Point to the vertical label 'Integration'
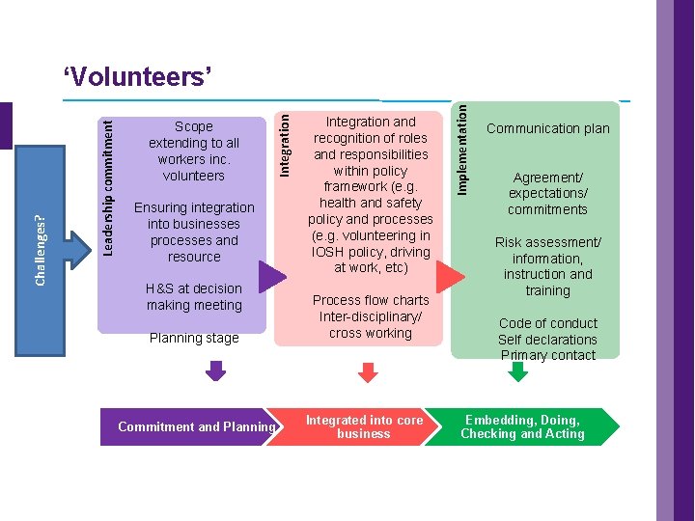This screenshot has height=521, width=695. (284, 142)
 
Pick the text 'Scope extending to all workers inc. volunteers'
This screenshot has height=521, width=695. (194, 151)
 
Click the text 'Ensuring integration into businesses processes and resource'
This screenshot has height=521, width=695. (194, 232)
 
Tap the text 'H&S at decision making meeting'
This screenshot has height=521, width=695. (194, 296)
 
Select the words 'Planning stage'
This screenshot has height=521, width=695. (194, 338)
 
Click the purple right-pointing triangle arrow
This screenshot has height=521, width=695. (271, 276)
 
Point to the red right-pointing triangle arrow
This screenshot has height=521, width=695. (450, 276)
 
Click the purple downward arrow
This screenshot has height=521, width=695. (216, 371)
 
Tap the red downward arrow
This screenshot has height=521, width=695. (368, 371)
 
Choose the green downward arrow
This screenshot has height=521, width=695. (518, 371)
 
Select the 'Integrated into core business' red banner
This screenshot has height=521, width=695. (357, 426)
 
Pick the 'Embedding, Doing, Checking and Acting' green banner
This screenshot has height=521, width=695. (522, 426)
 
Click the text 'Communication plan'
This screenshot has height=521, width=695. (547, 128)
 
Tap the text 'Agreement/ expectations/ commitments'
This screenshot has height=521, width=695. (547, 193)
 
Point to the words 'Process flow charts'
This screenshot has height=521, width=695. (371, 300)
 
